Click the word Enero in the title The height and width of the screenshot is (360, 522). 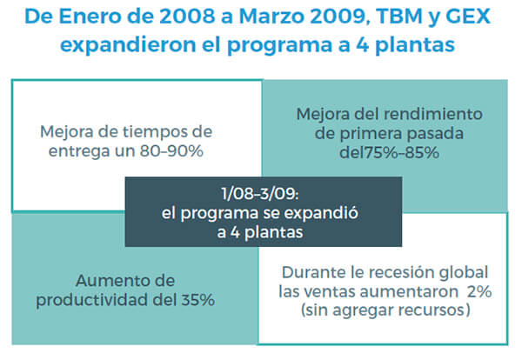point(90,16)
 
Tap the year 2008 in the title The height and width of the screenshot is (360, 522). point(187,16)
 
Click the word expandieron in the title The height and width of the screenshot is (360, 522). point(128,44)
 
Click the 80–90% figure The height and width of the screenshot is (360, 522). point(171,151)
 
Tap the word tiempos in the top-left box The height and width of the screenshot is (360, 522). point(151,132)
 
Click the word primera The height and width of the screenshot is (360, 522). point(371,134)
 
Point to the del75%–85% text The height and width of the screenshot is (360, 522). point(389,153)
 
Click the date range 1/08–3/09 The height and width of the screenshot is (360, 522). point(260,194)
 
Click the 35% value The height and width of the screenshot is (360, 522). point(197,300)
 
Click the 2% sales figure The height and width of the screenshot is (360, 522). point(479,291)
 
